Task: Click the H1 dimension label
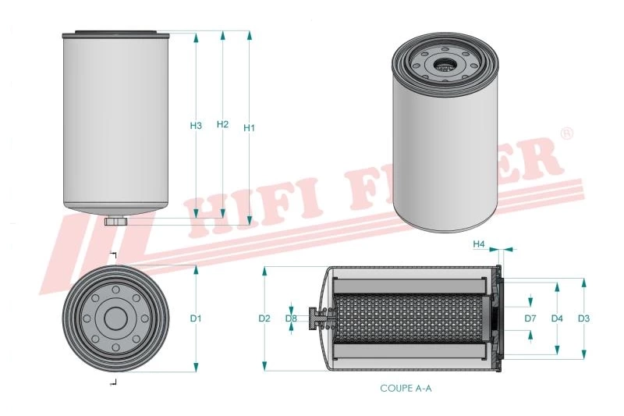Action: [249, 127]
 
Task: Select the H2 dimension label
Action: [222, 124]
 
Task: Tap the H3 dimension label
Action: [196, 126]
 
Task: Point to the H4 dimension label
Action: [480, 244]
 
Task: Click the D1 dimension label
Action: [196, 318]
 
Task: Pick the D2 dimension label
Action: [264, 318]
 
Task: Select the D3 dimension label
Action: [583, 318]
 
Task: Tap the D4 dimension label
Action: [557, 318]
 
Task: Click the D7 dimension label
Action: [530, 318]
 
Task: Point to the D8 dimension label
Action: [291, 318]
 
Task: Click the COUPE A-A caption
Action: [405, 388]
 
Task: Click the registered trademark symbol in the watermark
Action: [567, 133]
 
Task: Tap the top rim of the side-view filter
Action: [115, 34]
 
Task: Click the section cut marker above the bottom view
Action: [114, 257]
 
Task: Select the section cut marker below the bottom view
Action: [114, 381]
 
